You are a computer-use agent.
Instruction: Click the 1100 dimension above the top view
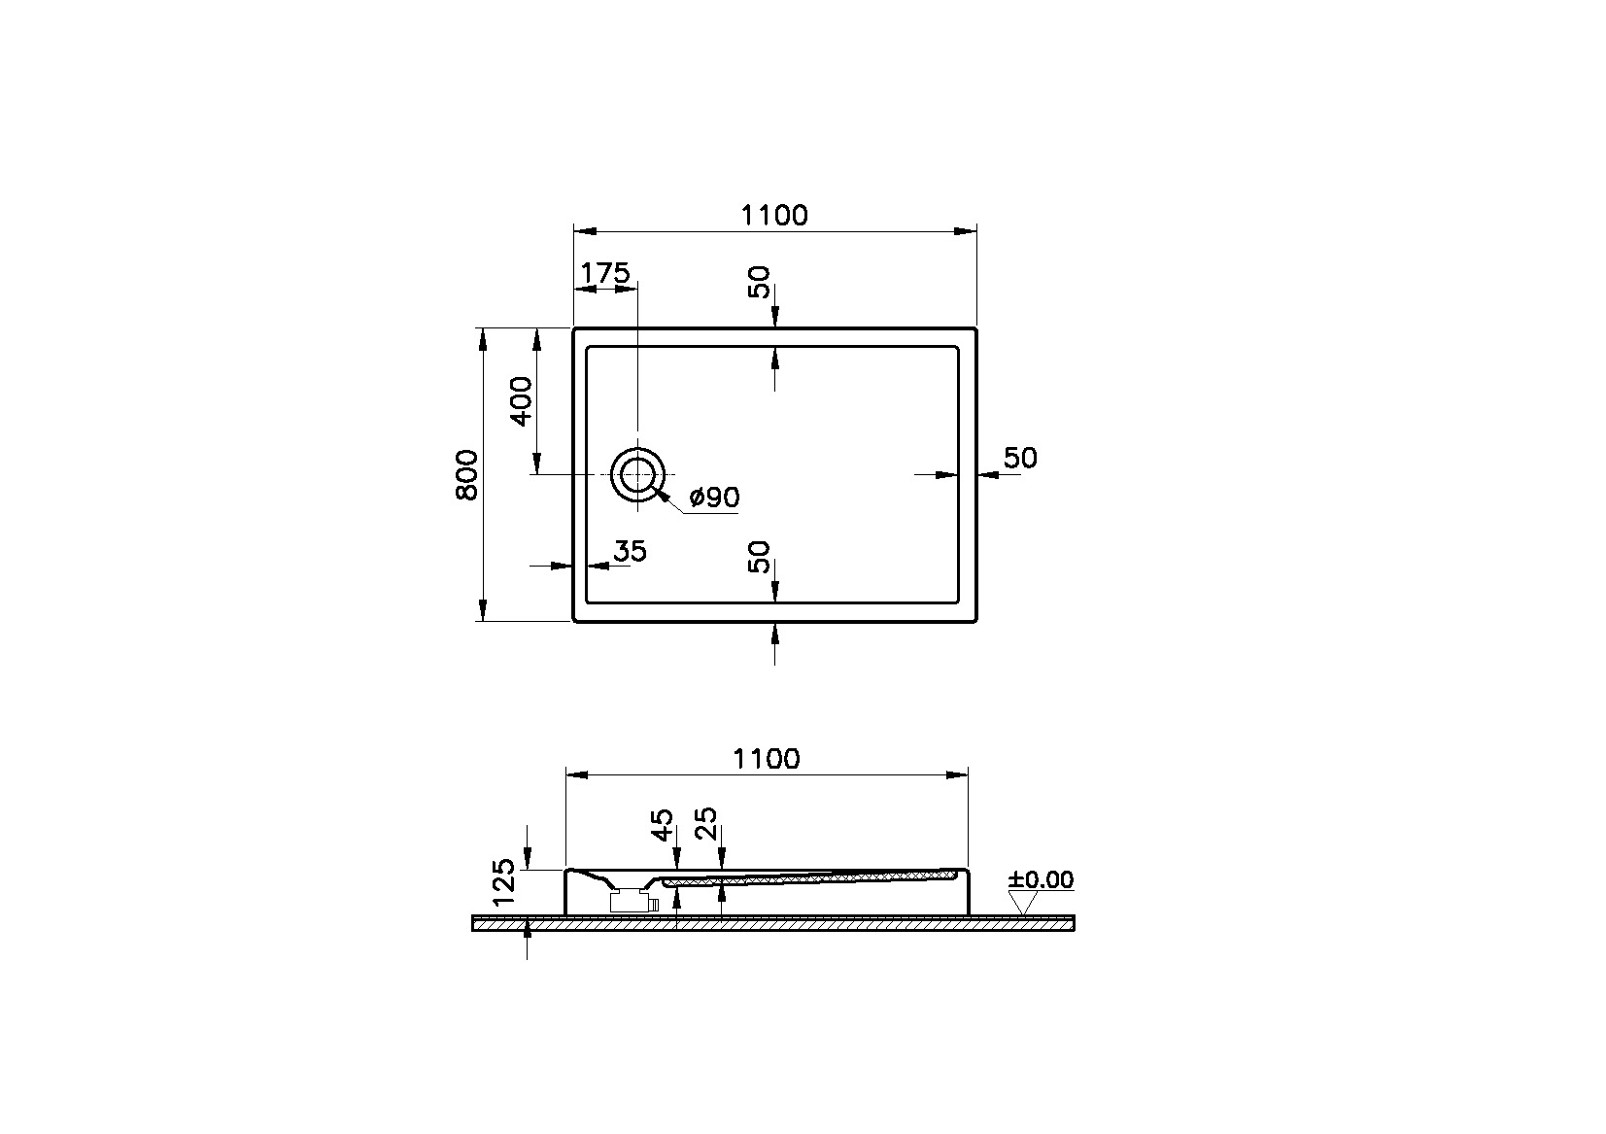tap(773, 215)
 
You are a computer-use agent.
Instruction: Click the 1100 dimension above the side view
tap(766, 759)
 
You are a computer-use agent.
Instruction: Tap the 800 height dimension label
tap(466, 475)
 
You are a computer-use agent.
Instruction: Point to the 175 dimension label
tap(604, 273)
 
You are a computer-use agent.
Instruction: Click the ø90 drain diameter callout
tap(714, 498)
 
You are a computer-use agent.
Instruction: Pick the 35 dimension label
tap(631, 551)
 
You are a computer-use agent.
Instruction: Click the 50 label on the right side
tap(1019, 458)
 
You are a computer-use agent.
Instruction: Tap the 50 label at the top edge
tap(759, 282)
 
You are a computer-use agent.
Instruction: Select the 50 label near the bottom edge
tap(759, 558)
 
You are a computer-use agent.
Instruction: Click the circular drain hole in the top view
tap(637, 475)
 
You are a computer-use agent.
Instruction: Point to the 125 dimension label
tap(504, 881)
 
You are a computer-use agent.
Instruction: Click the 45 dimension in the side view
tap(662, 825)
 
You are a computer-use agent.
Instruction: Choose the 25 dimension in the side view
tap(706, 823)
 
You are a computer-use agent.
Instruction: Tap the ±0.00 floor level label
tap(1041, 879)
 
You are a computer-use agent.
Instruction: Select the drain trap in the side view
tap(633, 901)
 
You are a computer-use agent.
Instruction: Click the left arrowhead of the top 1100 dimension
tap(585, 231)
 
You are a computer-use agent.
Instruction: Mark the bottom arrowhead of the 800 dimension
tap(483, 609)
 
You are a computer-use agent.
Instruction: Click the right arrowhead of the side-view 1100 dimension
tap(956, 774)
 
